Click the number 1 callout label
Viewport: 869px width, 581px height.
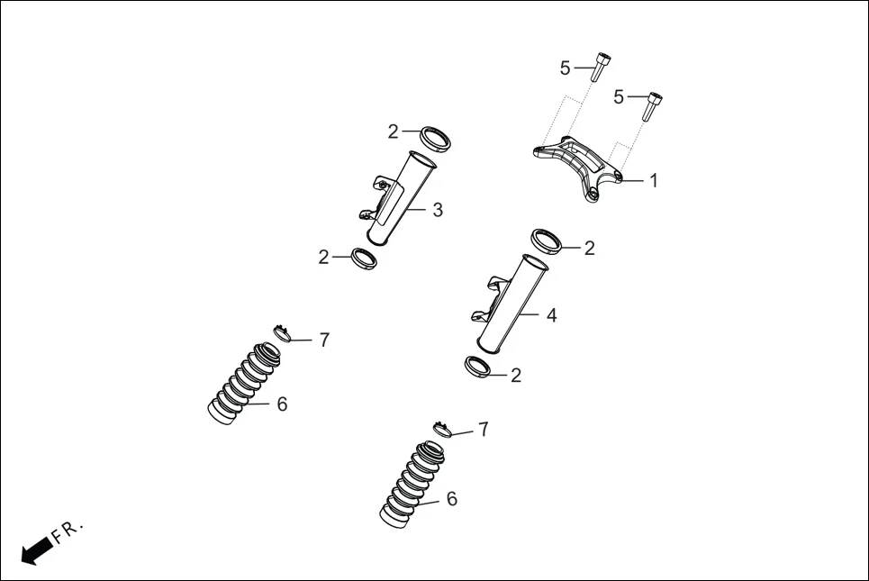(x=654, y=181)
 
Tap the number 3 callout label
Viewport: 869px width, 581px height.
(x=438, y=210)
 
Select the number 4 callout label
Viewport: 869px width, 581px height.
(x=551, y=315)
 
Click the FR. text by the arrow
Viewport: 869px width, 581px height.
(x=68, y=531)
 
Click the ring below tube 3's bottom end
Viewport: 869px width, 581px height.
(x=363, y=259)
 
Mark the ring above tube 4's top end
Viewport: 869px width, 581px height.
(x=546, y=241)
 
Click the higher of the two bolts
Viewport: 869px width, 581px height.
(x=600, y=68)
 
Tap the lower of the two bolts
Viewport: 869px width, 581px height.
(x=653, y=105)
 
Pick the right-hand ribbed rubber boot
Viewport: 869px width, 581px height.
(x=412, y=481)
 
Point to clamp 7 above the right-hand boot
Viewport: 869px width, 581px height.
(x=441, y=429)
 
